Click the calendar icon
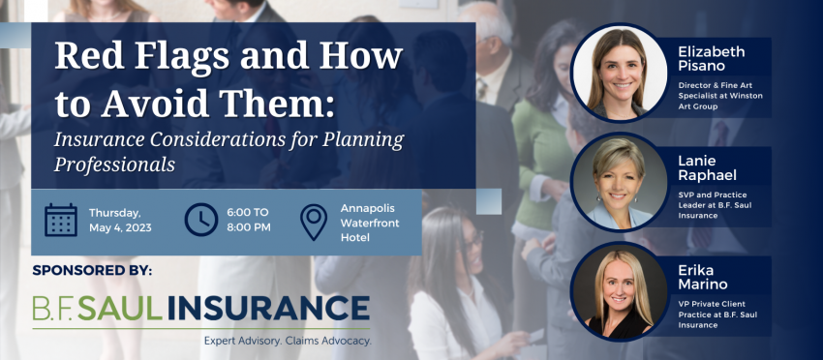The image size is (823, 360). [61, 220]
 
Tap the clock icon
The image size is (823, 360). [201, 220]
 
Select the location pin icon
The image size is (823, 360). [314, 222]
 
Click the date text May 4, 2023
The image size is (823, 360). [120, 227]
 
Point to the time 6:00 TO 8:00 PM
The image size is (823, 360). [249, 220]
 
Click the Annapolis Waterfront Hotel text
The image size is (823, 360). [370, 223]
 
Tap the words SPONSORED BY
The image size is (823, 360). [92, 271]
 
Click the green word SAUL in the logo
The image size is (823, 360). [120, 308]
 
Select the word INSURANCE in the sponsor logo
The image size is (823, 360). [269, 308]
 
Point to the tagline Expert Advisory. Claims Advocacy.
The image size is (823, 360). [288, 341]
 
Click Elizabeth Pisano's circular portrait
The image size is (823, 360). [618, 73]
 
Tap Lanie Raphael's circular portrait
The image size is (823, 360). [618, 182]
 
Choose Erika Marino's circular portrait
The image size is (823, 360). [618, 292]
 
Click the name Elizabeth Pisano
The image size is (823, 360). [712, 58]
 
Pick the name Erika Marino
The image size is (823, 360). [703, 278]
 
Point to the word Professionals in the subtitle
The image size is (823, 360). [114, 165]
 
